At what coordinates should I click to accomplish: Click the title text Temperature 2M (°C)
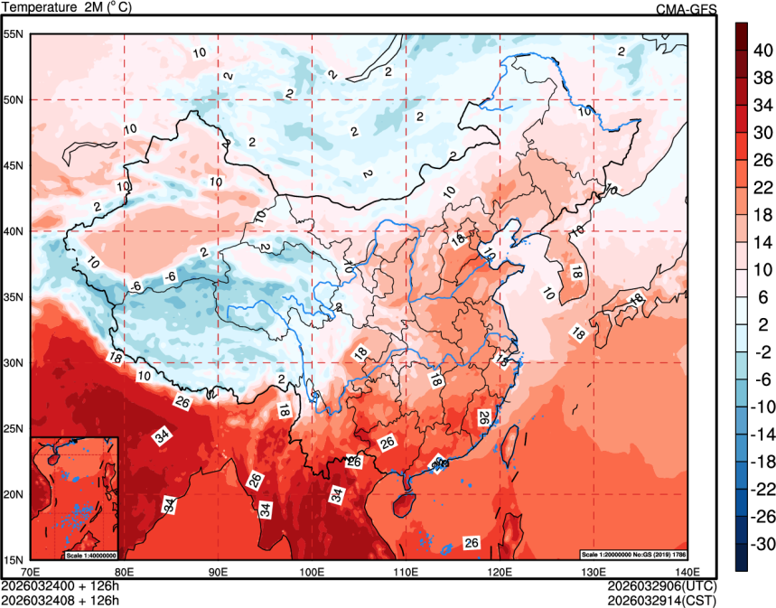67,8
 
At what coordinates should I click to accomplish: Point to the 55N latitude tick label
13,34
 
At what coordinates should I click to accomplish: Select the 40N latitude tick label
13,231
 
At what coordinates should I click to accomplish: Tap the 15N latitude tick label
13,560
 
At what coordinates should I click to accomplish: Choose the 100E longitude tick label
312,571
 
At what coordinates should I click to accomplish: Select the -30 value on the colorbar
762,544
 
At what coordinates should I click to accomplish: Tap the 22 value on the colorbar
762,187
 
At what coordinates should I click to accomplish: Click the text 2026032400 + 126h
61,585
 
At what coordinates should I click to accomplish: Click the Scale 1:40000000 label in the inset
90,554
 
